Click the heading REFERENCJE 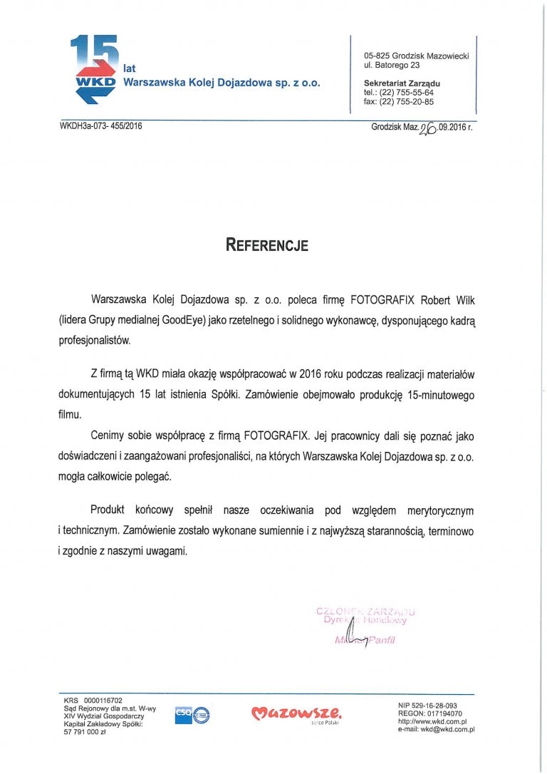pos(267,245)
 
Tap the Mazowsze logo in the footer pos(296,712)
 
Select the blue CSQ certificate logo pos(192,715)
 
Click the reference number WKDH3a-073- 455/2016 pos(101,126)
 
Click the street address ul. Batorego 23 pos(392,65)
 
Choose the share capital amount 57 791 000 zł pos(84,732)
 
